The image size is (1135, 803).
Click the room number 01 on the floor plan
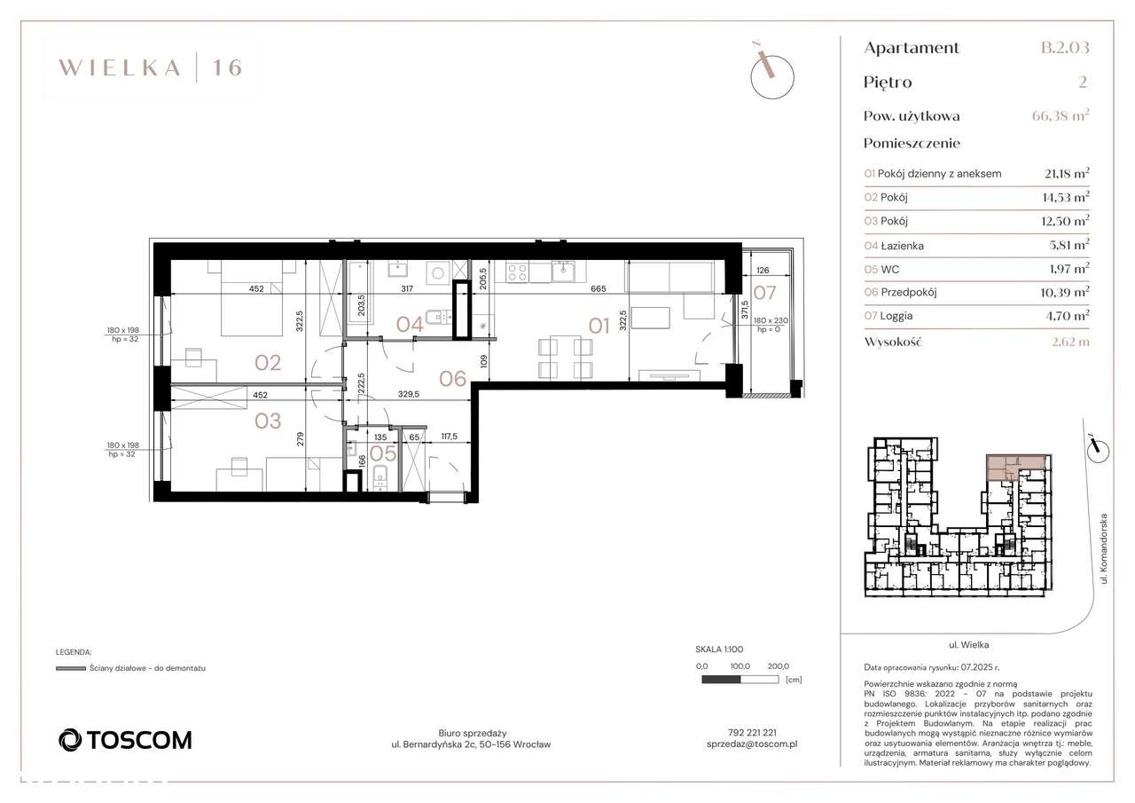600,326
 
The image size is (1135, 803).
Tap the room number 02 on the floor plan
268,362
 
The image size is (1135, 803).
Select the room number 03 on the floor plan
268,421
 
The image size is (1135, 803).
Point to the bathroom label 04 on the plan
410,324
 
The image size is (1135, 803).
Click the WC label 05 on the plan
383,453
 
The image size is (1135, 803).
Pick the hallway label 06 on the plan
452,379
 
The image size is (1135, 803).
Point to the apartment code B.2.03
1064,48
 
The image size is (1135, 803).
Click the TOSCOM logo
124,739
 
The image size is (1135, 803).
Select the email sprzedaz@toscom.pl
751,745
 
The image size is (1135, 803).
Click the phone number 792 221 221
751,733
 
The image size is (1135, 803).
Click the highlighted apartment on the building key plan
1016,467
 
